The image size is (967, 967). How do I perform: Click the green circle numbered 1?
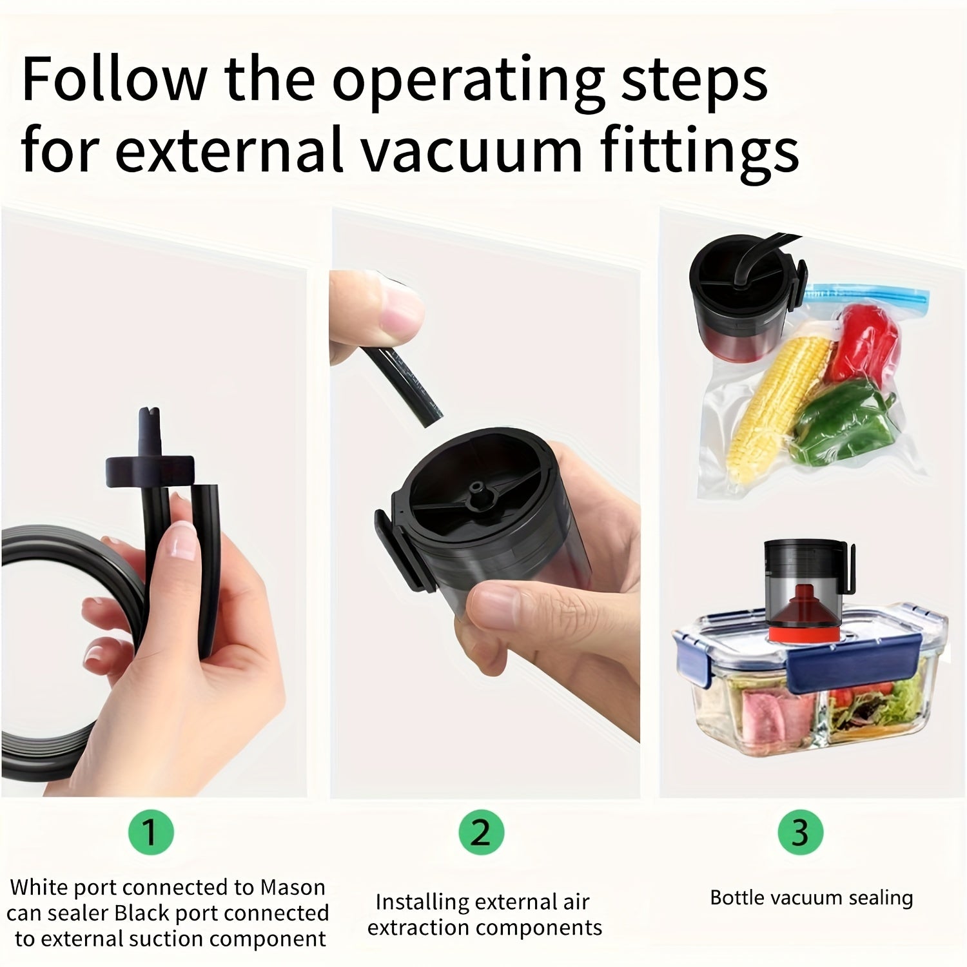coord(150,832)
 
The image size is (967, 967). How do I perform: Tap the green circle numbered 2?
coord(481,832)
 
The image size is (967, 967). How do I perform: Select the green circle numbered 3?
coord(800,832)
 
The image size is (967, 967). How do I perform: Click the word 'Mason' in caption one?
coord(293,887)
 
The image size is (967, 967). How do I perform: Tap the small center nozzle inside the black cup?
coord(478,486)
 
